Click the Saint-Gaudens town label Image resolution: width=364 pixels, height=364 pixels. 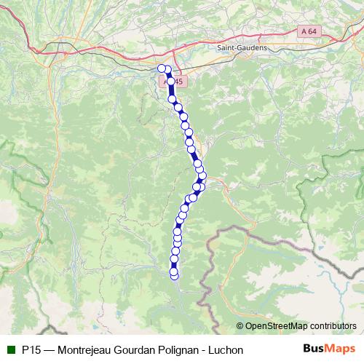click(242, 47)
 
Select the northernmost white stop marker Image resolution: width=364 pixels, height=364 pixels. click(162, 68)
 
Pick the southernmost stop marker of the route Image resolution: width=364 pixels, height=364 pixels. click(174, 274)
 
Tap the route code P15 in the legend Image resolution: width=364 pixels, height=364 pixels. click(31, 350)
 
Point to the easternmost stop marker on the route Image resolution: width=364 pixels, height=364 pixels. click(202, 175)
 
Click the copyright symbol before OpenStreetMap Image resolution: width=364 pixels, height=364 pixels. click(240, 325)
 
